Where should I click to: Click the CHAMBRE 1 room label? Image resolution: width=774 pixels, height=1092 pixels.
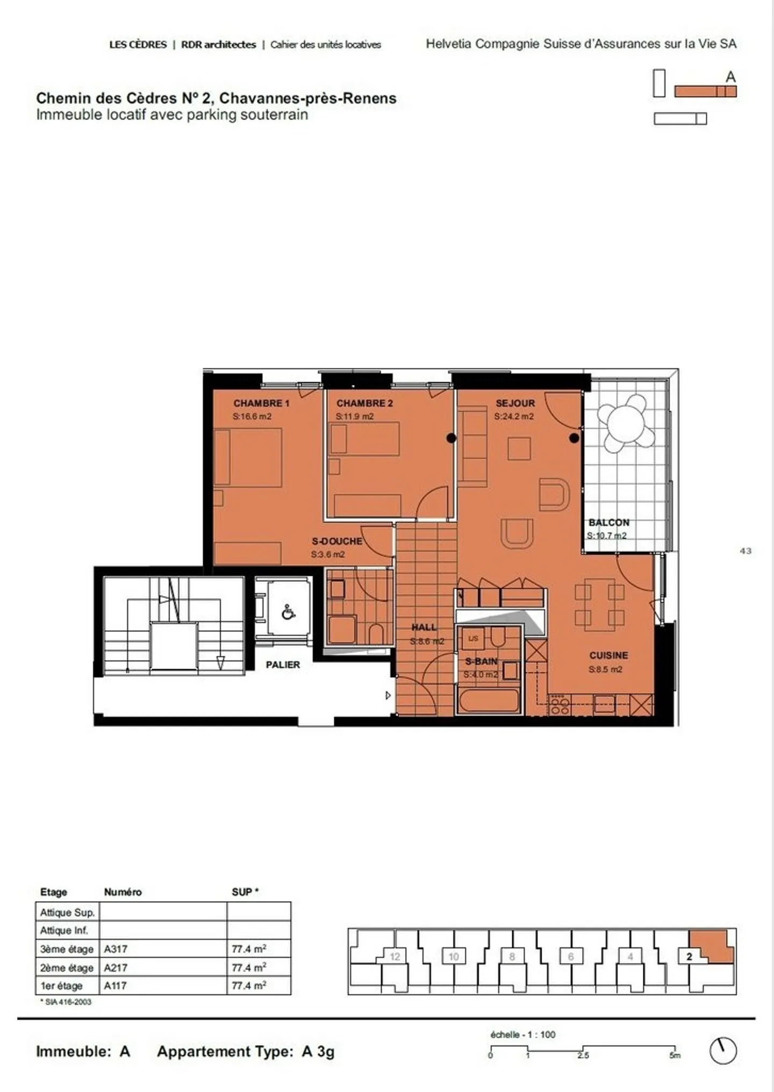click(261, 403)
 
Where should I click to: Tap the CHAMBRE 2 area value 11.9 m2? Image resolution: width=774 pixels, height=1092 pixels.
click(355, 417)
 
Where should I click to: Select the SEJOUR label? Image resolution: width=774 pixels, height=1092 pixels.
click(515, 403)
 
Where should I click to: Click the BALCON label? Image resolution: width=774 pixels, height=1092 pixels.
click(608, 523)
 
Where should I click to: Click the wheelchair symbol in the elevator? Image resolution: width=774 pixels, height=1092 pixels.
click(288, 612)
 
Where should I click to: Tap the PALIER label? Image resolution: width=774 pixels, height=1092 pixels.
click(283, 665)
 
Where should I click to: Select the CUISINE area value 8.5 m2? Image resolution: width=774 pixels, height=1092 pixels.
click(605, 670)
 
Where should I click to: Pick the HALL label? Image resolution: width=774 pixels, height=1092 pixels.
click(424, 627)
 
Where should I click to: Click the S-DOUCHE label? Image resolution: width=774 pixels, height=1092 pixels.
click(337, 541)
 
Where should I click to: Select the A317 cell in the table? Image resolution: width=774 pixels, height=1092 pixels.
click(116, 950)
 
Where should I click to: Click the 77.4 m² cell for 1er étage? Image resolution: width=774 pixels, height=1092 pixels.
click(249, 986)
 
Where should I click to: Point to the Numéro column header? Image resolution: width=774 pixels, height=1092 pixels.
click(123, 892)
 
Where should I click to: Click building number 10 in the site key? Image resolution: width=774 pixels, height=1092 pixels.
click(454, 957)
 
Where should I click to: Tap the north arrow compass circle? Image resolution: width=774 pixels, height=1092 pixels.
click(722, 1051)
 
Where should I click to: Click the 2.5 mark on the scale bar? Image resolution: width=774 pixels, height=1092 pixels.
click(583, 1055)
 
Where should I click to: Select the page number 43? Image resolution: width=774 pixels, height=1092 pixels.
click(746, 551)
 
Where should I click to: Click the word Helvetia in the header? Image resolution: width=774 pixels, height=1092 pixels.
click(448, 44)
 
